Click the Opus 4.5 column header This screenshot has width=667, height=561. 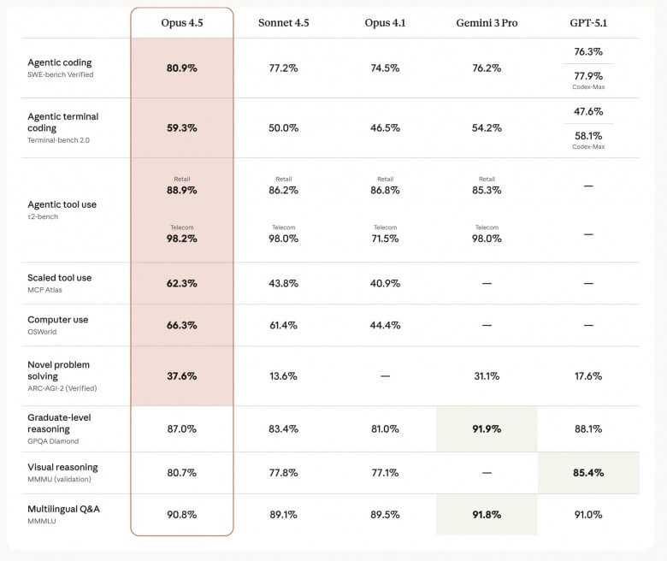(181, 22)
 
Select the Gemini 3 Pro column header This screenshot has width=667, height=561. (487, 22)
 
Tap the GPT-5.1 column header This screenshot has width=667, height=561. (588, 22)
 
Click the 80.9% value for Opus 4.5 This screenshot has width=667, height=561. (181, 68)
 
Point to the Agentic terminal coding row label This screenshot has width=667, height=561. (62, 122)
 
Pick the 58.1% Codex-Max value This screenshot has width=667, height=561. (588, 135)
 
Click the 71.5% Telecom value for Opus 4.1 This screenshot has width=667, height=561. (385, 239)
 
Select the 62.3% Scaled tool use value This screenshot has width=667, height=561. (181, 283)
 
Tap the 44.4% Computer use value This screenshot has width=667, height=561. (385, 325)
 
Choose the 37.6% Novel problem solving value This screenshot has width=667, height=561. (181, 375)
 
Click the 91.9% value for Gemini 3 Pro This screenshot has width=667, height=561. (487, 428)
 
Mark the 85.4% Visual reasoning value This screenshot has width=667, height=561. (588, 472)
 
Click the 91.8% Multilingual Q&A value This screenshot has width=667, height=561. (487, 514)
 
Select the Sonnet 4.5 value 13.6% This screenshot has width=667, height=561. (283, 375)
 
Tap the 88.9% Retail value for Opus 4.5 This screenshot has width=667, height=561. (181, 191)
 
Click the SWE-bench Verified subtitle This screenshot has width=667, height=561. (60, 74)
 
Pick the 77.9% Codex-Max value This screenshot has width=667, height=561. (588, 75)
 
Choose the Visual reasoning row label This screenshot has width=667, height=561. (62, 467)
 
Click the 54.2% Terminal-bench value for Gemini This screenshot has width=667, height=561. (487, 127)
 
